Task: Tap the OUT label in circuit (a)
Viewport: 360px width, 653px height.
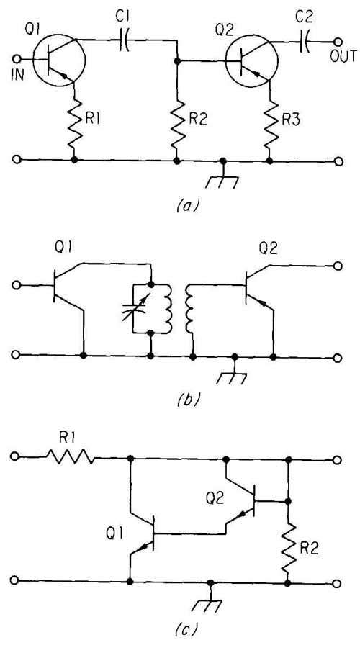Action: coord(343,56)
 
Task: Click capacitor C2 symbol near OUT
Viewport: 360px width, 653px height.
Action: coord(305,42)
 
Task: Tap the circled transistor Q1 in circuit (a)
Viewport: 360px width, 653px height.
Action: coord(59,60)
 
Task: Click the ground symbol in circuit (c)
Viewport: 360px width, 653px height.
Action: coord(211,597)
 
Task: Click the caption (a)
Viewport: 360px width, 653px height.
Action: coord(182,205)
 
